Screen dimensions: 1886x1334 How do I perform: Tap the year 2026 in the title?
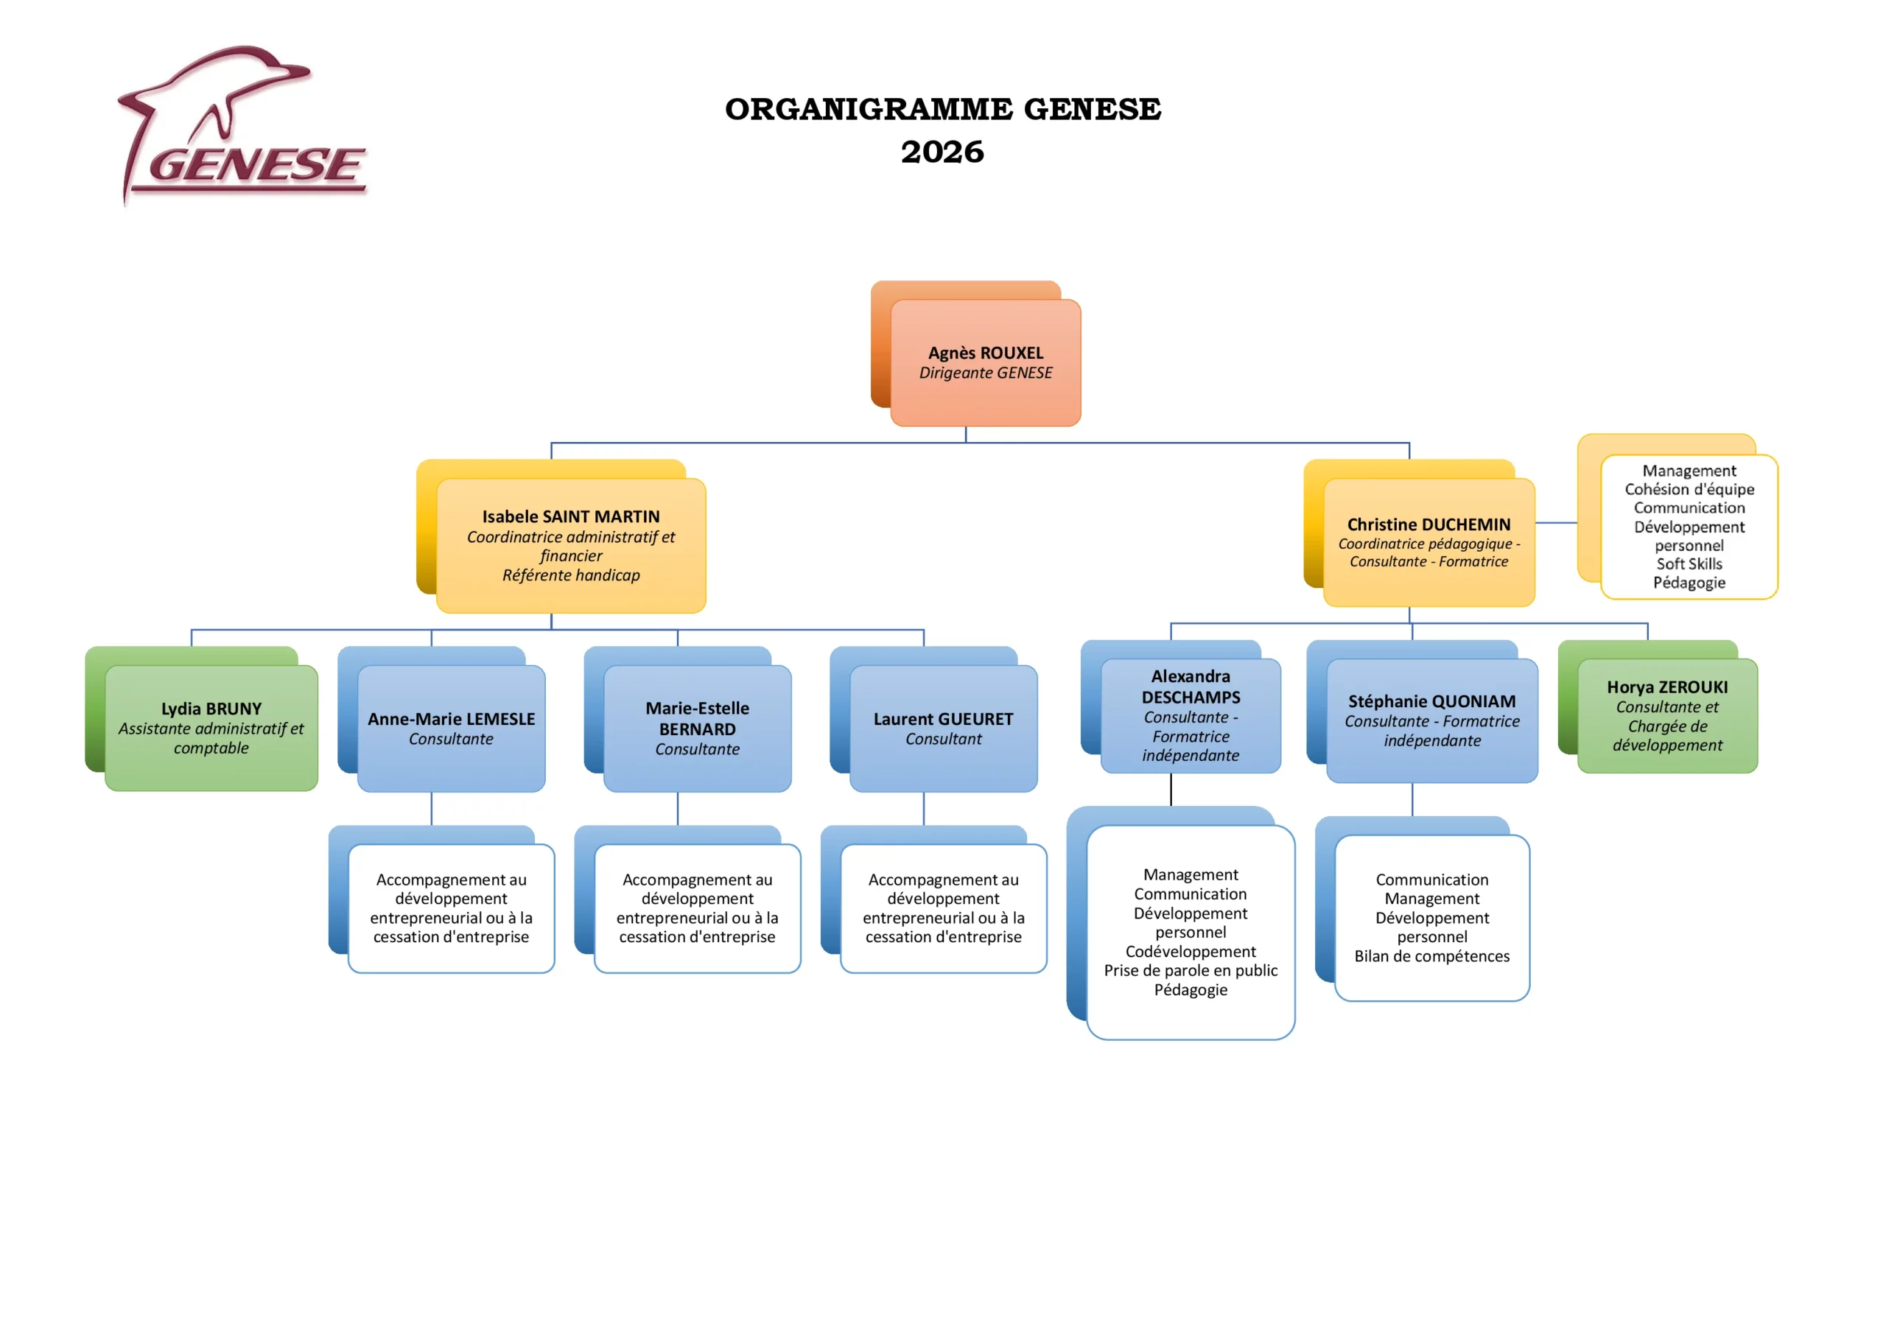coord(942,152)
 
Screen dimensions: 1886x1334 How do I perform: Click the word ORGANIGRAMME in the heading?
coord(869,109)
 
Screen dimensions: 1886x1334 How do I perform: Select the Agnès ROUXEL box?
coord(986,362)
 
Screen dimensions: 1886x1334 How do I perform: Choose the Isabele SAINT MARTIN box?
coord(571,545)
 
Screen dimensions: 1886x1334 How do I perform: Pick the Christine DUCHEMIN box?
coord(1429,542)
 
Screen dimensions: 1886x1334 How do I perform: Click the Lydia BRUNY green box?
coord(211,728)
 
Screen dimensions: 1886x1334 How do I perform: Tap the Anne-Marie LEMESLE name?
coord(451,719)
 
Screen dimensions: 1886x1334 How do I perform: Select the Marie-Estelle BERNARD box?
coord(698,729)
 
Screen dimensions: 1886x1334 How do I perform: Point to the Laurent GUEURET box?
coord(943,729)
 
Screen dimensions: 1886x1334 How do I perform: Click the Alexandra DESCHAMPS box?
coord(1191,715)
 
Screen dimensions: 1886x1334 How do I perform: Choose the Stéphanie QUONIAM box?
coord(1431,720)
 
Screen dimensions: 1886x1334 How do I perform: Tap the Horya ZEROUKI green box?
coord(1667,715)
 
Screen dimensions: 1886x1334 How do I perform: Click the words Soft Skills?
coord(1689,564)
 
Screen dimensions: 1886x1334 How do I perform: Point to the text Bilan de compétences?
coord(1431,956)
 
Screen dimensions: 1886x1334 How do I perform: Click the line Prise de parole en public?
coord(1191,970)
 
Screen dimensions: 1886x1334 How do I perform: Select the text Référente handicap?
coord(571,575)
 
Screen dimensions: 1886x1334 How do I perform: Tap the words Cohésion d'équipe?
coord(1689,489)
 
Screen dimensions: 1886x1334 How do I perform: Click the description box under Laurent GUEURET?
coord(943,908)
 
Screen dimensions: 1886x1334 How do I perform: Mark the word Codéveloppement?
coord(1191,951)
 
